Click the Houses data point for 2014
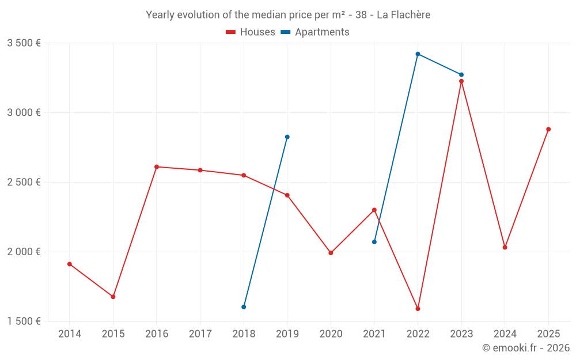70,264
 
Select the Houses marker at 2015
113,297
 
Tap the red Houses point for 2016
157,166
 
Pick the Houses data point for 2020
331,253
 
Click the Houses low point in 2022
418,309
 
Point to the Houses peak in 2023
461,81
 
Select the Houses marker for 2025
548,129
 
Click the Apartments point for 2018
244,307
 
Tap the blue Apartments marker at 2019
287,137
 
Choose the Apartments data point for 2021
374,242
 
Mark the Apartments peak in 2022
418,54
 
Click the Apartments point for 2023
461,75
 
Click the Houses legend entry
251,32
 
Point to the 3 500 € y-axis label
24,43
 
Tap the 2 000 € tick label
24,252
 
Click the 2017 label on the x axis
200,334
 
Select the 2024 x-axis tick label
505,334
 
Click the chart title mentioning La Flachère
288,14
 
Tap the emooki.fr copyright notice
525,348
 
